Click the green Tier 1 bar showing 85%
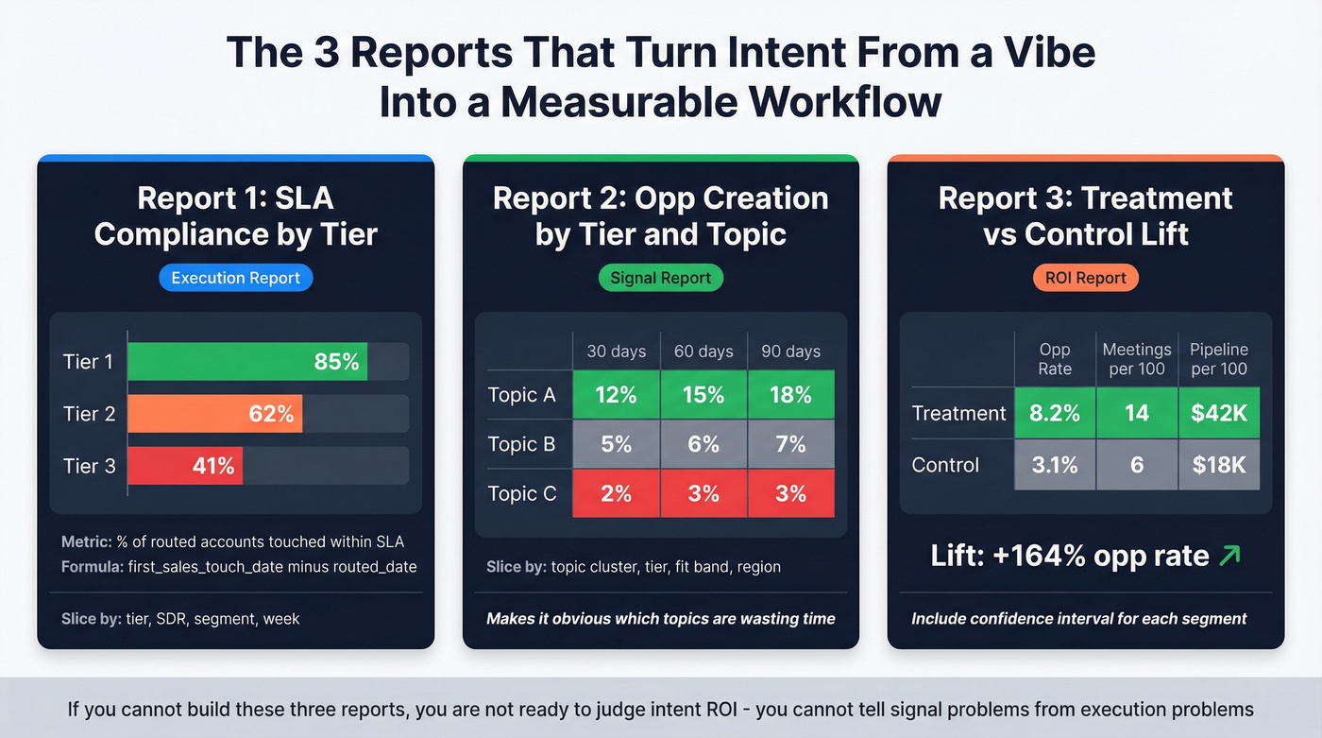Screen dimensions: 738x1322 [x=246, y=362]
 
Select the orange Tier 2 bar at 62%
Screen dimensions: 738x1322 [x=214, y=414]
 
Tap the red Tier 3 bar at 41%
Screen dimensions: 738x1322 [x=184, y=466]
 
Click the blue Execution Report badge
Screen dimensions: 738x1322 [x=235, y=278]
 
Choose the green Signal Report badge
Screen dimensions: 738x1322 [x=660, y=278]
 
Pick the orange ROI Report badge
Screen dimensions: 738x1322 [x=1085, y=278]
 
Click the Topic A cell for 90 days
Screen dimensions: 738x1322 [x=790, y=395]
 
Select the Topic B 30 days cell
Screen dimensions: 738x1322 [x=616, y=444]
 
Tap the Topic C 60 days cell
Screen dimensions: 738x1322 [x=703, y=493]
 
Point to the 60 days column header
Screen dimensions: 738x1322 [x=703, y=352]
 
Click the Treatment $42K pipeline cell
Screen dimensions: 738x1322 [x=1219, y=413]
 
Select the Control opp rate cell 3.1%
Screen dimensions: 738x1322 [x=1055, y=465]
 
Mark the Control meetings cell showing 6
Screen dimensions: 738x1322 [x=1137, y=465]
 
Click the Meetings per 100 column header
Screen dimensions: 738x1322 [x=1137, y=359]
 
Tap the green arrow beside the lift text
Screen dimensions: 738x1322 [x=1229, y=556]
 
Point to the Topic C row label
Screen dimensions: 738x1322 [x=521, y=493]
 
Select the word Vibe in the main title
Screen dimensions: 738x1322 [x=1048, y=52]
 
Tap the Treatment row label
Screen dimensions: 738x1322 [x=958, y=413]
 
